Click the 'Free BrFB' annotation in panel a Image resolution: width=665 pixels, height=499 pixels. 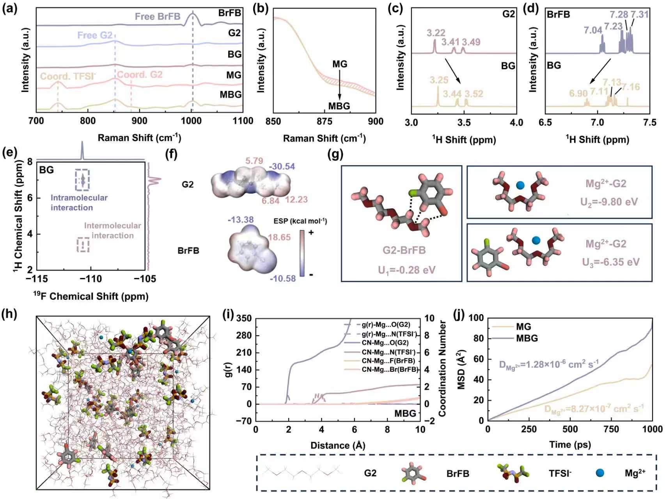(x=158, y=16)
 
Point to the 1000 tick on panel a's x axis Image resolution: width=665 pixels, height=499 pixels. (x=191, y=121)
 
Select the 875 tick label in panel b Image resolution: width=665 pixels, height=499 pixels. (x=325, y=122)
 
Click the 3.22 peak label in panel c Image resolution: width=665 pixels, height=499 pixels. (x=436, y=33)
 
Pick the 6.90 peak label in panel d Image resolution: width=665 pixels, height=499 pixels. (x=578, y=93)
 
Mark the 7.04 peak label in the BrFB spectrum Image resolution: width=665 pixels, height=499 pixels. (x=593, y=30)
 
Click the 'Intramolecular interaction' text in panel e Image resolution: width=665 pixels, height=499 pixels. (x=79, y=202)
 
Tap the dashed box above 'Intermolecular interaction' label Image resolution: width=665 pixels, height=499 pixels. (x=83, y=245)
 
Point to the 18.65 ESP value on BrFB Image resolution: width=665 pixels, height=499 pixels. (x=279, y=237)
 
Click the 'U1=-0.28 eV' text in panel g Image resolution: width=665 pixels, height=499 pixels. (x=406, y=270)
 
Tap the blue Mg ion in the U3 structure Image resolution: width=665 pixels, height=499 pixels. (x=536, y=240)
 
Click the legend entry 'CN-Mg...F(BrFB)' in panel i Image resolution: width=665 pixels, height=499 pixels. (x=388, y=361)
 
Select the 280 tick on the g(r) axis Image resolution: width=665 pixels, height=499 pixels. (x=244, y=335)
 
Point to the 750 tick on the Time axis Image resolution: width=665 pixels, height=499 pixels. (x=611, y=429)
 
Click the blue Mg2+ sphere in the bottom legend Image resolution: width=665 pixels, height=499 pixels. (x=600, y=473)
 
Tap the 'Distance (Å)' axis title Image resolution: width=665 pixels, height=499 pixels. (x=338, y=445)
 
